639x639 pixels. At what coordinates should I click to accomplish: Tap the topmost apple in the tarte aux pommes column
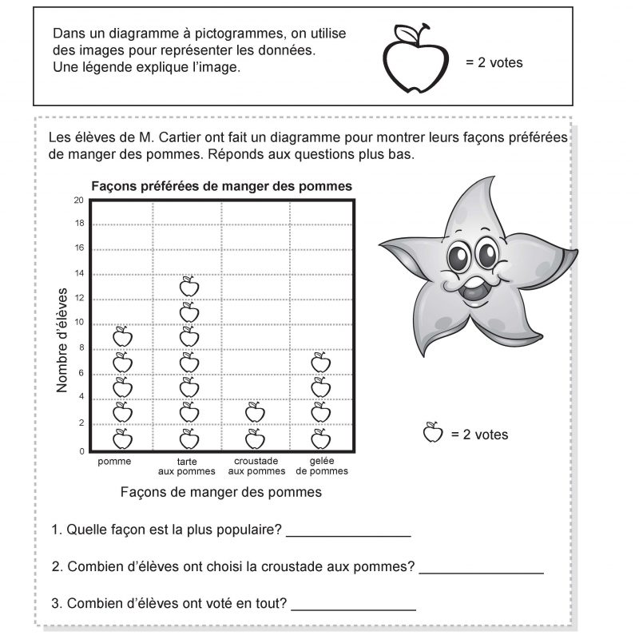[x=189, y=286]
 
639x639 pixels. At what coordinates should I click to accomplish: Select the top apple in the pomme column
[x=122, y=336]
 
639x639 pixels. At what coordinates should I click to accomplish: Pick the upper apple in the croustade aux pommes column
[x=255, y=412]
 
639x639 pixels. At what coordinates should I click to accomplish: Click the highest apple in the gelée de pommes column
[x=320, y=362]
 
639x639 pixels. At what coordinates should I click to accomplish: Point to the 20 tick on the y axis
[x=78, y=200]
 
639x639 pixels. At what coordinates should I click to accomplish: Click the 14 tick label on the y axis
[x=78, y=274]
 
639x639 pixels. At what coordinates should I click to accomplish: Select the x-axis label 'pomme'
[x=114, y=462]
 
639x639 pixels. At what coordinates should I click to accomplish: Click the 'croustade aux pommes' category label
[x=256, y=466]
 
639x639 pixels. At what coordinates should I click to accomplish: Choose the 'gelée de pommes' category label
[x=322, y=466]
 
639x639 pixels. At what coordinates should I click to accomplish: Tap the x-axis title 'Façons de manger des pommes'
[x=220, y=492]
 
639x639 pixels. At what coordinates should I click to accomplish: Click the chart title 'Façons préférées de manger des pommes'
[x=221, y=186]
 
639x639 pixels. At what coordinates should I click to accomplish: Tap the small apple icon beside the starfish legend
[x=432, y=433]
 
